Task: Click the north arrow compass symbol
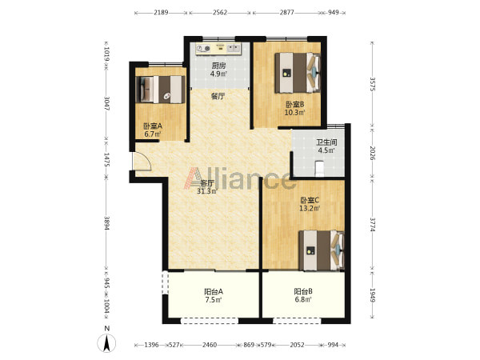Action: [x=106, y=343]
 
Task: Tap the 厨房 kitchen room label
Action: [x=218, y=66]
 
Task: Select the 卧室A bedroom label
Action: [x=153, y=126]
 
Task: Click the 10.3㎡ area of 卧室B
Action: [x=295, y=112]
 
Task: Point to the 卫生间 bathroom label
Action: [x=326, y=142]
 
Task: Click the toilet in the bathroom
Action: [x=319, y=169]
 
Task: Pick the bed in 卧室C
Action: [x=322, y=250]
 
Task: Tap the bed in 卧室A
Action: [x=160, y=90]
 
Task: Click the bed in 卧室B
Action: [x=298, y=73]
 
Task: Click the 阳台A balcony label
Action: [x=214, y=291]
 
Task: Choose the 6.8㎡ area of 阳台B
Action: [x=303, y=299]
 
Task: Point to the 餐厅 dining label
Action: [x=218, y=97]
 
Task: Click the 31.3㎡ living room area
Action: [x=207, y=191]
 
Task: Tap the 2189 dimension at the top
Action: [x=161, y=13]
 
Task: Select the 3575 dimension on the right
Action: [x=373, y=83]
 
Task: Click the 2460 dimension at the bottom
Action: [x=210, y=345]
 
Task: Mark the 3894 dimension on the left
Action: [x=106, y=224]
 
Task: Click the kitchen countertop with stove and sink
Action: [x=218, y=49]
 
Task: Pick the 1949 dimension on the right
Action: [x=373, y=295]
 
